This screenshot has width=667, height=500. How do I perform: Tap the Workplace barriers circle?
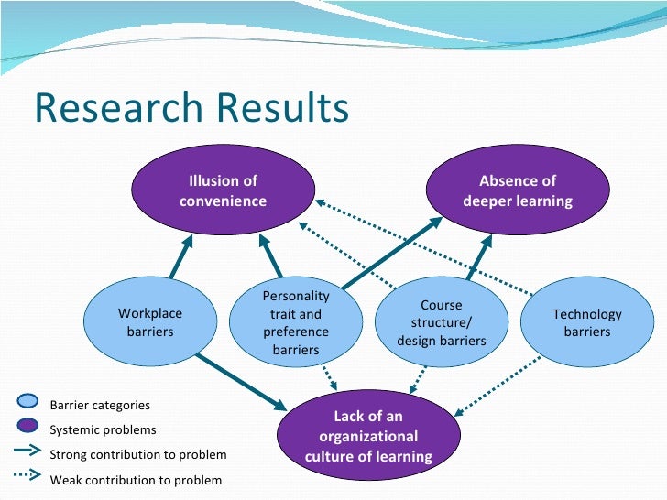pos(149,322)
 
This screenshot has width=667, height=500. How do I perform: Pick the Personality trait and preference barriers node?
pos(295,322)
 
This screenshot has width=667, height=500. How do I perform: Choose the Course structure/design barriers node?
pos(442,322)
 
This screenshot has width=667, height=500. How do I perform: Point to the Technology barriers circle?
pos(587,322)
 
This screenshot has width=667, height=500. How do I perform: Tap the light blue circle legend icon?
pos(28,400)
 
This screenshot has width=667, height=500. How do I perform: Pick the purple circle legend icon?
pos(28,425)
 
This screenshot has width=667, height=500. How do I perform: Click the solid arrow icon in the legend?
pos(27,451)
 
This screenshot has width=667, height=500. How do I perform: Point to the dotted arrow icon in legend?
pos(27,475)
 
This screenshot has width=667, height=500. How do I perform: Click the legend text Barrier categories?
pos(100,405)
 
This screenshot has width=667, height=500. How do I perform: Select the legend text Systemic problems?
pos(103,429)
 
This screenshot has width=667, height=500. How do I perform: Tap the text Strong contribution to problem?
pos(137,454)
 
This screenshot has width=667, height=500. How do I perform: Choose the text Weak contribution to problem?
pos(136,479)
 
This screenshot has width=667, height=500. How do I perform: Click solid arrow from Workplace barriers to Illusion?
pos(181,256)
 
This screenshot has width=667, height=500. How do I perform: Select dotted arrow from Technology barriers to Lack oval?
pos(500,385)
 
